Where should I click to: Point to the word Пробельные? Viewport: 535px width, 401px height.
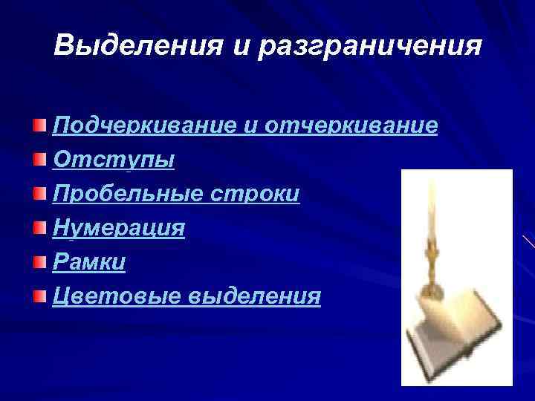click(132, 194)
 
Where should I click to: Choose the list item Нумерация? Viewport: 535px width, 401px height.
click(119, 229)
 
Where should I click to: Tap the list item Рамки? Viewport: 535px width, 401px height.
click(89, 263)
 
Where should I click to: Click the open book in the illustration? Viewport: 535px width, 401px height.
click(461, 327)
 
